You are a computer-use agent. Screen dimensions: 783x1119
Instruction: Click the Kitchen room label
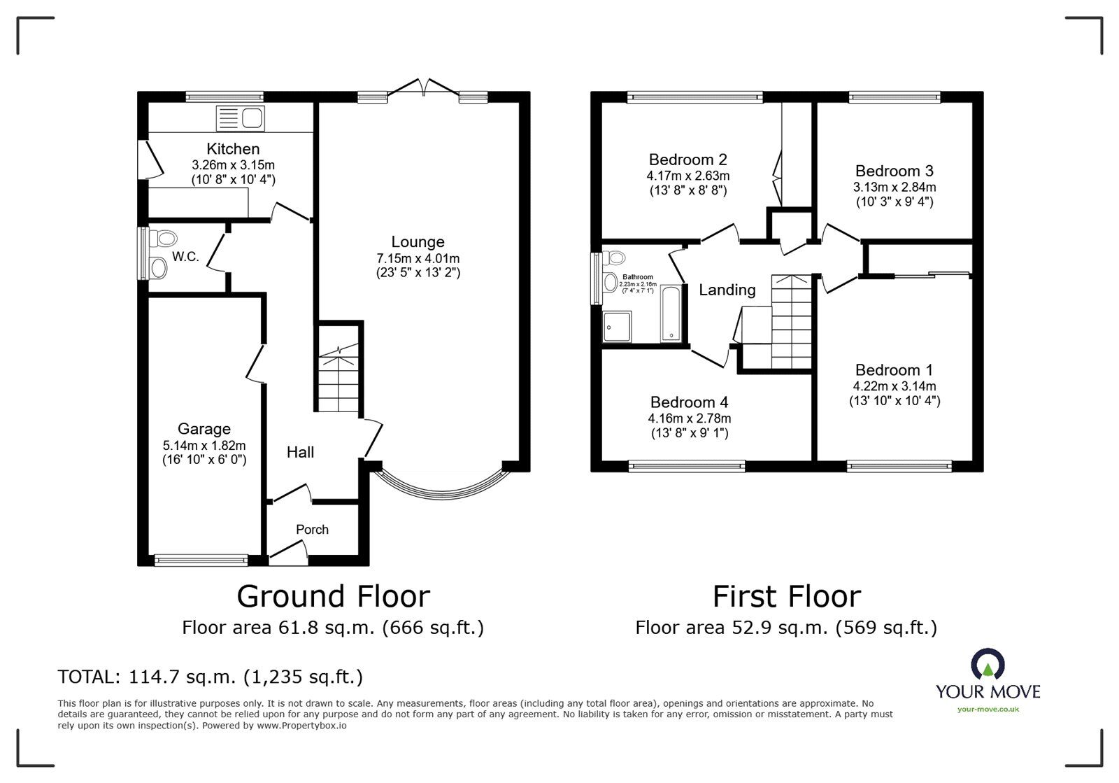point(233,148)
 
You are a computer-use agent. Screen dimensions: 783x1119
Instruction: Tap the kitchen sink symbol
point(239,119)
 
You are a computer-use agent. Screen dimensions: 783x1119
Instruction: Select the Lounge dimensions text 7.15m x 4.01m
point(418,258)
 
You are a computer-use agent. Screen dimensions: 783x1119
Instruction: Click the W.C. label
point(186,257)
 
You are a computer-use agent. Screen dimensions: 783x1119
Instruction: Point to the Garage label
point(204,429)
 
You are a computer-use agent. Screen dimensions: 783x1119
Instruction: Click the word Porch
point(312,530)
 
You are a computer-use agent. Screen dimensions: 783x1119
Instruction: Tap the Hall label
point(300,452)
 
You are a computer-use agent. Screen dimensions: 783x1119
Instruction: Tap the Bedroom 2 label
point(688,160)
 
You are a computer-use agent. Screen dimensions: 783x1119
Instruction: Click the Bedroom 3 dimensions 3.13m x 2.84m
point(895,187)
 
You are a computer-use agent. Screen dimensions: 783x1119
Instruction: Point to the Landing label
point(727,290)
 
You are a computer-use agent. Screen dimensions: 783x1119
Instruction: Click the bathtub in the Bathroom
point(671,314)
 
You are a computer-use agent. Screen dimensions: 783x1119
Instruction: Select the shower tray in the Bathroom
point(617,327)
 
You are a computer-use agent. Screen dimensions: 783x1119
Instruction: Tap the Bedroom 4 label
point(689,402)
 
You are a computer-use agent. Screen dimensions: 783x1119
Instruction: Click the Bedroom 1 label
point(894,370)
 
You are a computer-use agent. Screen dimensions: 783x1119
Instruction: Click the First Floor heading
point(786,596)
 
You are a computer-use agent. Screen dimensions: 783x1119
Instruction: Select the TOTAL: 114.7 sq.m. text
point(211,677)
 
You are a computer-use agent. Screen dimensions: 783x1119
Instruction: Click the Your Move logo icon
point(988,665)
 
